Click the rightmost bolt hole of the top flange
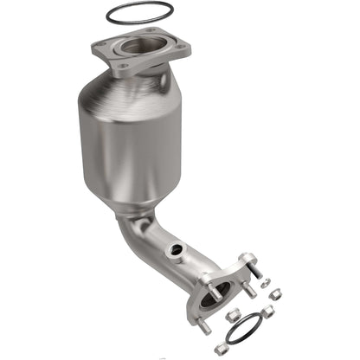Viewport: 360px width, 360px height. point(179,48)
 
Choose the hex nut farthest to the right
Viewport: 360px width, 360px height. point(275,296)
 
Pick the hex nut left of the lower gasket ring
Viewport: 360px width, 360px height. point(232,316)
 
